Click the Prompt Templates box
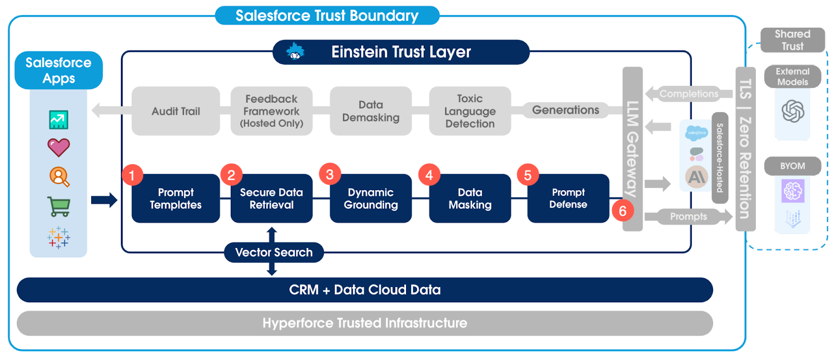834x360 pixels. (176, 198)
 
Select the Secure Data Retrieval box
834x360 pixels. (271, 198)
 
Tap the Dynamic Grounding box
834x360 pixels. (371, 198)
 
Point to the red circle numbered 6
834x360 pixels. (622, 211)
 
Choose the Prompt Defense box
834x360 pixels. (568, 198)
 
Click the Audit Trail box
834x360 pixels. (176, 111)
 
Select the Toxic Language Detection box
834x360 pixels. (470, 111)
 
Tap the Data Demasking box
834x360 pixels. (371, 111)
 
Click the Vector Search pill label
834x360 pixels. (274, 252)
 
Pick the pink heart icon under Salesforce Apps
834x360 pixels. (58, 147)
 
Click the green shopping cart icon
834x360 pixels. (58, 207)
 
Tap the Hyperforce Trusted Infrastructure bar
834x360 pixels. (364, 323)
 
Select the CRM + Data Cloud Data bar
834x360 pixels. (364, 290)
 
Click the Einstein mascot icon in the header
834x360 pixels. (295, 52)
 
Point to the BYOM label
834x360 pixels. (792, 166)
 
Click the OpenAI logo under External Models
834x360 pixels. (792, 111)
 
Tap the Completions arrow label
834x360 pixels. (688, 94)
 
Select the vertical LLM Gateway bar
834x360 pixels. (632, 148)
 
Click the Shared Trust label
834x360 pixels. (792, 40)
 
